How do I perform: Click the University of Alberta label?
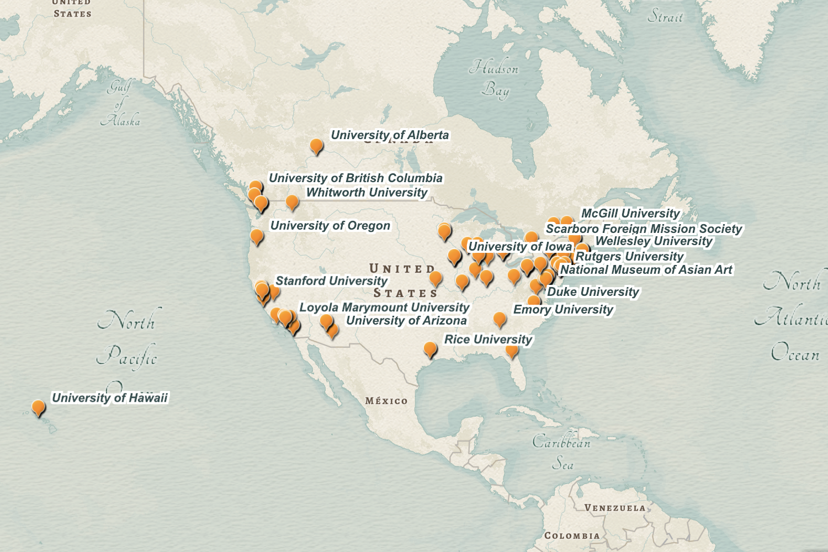tap(390, 135)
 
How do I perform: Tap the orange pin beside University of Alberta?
tap(316, 146)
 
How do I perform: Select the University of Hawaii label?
tap(109, 398)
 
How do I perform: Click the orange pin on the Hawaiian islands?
tap(38, 407)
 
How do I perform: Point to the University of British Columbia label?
tap(355, 178)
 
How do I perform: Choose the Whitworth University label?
tap(367, 193)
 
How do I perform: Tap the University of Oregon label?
tap(330, 226)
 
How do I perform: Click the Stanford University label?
tap(331, 281)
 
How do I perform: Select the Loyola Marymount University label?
tap(384, 307)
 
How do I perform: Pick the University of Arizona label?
tap(406, 321)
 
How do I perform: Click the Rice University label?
tap(488, 339)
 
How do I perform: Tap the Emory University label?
tap(563, 310)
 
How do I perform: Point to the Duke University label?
tap(593, 292)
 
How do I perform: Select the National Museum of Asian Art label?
tap(646, 270)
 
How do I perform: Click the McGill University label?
tap(630, 214)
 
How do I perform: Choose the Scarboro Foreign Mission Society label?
tap(644, 229)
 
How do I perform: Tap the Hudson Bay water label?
tap(495, 79)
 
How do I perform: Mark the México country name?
tap(386, 401)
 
